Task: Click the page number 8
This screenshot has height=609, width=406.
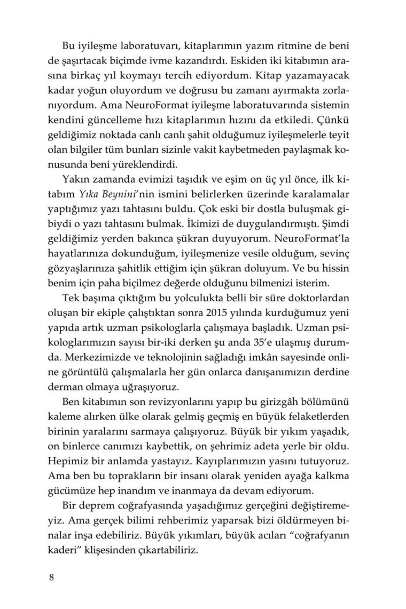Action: (x=51, y=577)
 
